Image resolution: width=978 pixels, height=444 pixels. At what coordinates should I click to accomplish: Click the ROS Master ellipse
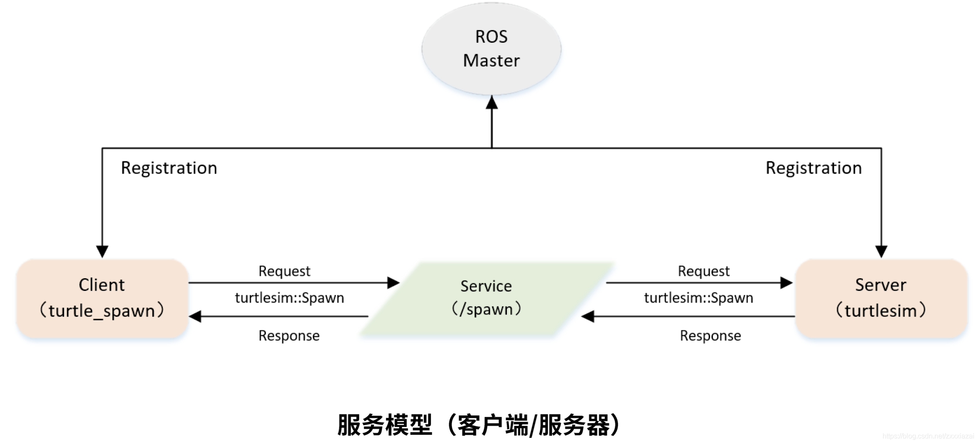pyautogui.click(x=491, y=48)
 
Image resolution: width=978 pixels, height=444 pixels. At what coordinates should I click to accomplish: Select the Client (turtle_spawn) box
pyautogui.click(x=102, y=298)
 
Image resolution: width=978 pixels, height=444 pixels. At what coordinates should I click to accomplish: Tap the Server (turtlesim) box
pyautogui.click(x=881, y=298)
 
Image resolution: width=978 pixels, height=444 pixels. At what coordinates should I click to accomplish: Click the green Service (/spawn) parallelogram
pyautogui.click(x=486, y=298)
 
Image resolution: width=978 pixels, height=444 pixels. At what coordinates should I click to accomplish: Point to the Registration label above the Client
pyautogui.click(x=169, y=168)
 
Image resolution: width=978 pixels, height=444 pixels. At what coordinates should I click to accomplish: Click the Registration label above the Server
pyautogui.click(x=813, y=168)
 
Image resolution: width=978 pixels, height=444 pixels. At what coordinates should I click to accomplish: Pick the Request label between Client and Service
pyautogui.click(x=284, y=271)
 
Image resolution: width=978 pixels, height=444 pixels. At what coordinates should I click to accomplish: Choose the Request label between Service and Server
pyautogui.click(x=703, y=271)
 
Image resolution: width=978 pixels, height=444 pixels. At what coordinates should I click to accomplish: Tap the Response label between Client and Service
pyautogui.click(x=289, y=336)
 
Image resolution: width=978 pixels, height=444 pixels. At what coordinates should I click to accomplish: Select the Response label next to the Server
pyautogui.click(x=710, y=336)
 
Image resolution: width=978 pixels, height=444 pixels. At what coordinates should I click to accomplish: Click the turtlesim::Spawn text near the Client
pyautogui.click(x=289, y=298)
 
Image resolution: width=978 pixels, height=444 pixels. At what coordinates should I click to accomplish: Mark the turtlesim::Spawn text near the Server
pyautogui.click(x=698, y=298)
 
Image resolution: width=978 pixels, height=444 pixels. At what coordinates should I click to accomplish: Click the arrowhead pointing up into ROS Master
pyautogui.click(x=492, y=102)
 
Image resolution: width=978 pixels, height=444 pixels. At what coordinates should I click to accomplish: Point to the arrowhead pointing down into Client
pyautogui.click(x=102, y=251)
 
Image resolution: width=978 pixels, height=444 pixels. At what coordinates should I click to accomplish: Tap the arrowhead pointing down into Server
pyautogui.click(x=881, y=251)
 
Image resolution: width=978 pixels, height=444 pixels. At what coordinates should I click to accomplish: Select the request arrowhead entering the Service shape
pyautogui.click(x=393, y=283)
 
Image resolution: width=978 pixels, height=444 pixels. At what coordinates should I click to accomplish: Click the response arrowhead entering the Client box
pyautogui.click(x=195, y=316)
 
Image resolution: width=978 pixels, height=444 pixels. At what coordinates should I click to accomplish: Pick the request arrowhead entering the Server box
pyautogui.click(x=786, y=283)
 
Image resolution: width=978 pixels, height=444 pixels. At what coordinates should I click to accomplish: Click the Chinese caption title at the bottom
pyautogui.click(x=479, y=425)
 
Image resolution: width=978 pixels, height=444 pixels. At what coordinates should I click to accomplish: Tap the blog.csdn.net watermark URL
pyautogui.click(x=928, y=436)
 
